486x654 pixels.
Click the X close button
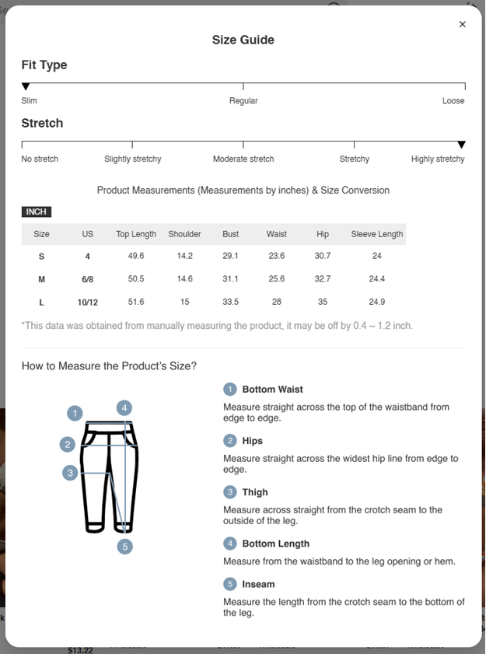pyautogui.click(x=463, y=24)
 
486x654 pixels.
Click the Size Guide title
pyautogui.click(x=243, y=40)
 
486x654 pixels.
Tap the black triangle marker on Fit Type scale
pyautogui.click(x=26, y=86)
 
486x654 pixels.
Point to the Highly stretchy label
pyautogui.click(x=438, y=159)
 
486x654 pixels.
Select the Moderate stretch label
pyautogui.click(x=243, y=159)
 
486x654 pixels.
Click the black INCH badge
pyautogui.click(x=37, y=212)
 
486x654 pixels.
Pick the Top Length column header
pyautogui.click(x=136, y=234)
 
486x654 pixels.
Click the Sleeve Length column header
pyautogui.click(x=377, y=234)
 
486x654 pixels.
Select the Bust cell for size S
pyautogui.click(x=230, y=256)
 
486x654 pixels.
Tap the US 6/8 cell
pyautogui.click(x=88, y=279)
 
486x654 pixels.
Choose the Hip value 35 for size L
pyautogui.click(x=323, y=302)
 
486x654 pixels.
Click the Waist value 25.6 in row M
pyautogui.click(x=276, y=279)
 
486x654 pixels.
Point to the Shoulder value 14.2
pyautogui.click(x=184, y=256)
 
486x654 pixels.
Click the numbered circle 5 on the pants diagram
pyautogui.click(x=125, y=546)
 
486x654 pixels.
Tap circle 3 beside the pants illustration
pyautogui.click(x=71, y=472)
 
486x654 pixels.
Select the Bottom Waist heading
pyautogui.click(x=272, y=389)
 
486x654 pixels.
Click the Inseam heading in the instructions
pyautogui.click(x=258, y=584)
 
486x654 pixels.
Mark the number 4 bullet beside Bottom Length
pyautogui.click(x=230, y=544)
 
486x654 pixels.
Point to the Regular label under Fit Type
pyautogui.click(x=243, y=100)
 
